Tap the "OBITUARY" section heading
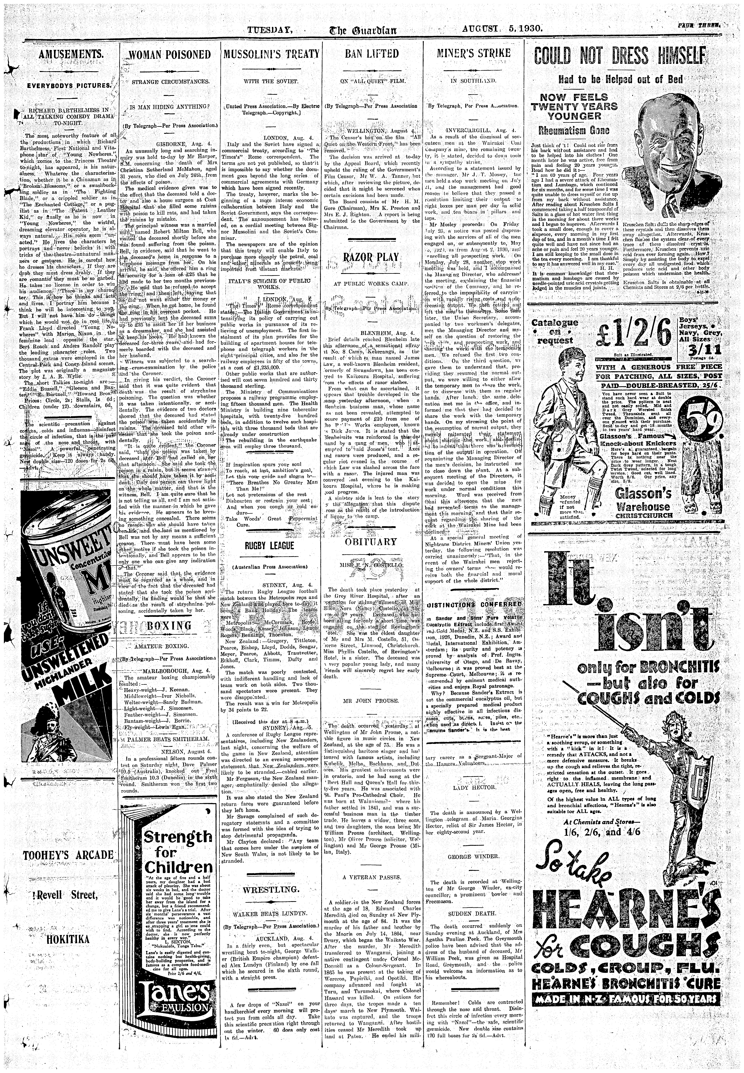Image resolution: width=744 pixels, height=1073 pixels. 371,542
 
